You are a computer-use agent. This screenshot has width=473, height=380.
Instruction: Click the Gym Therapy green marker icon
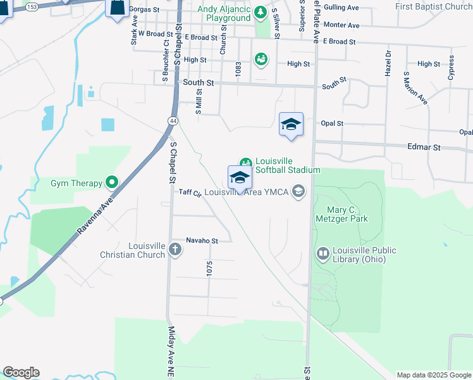pos(112,183)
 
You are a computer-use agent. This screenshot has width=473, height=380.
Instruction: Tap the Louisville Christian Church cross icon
pos(175,251)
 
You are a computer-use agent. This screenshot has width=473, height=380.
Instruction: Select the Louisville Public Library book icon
pos(323,254)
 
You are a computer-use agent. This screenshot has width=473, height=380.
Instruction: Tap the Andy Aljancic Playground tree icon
pos(260,13)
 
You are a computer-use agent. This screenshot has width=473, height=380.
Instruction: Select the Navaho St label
pos(202,241)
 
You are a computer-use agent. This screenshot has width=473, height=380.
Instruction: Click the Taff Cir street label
pos(190,193)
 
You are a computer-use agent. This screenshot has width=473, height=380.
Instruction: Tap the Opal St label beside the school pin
pos(332,123)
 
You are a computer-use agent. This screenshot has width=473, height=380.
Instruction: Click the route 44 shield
pos(173,120)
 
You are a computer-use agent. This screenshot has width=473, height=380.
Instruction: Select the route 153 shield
pos(32,6)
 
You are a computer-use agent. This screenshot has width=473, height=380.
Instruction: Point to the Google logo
pos(21,372)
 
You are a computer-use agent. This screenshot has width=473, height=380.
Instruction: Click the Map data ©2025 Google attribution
pos(434,375)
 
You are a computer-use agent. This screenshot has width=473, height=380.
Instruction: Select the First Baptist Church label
pos(434,6)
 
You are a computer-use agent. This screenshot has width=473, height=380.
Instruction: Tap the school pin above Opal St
pos(291,123)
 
